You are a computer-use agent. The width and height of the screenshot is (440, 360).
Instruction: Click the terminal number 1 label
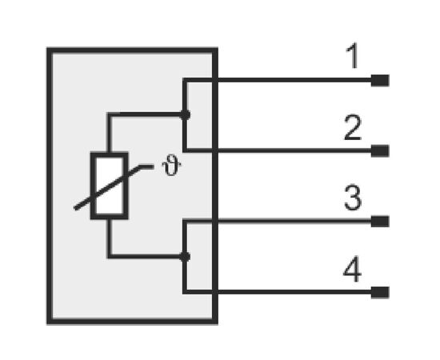(353, 56)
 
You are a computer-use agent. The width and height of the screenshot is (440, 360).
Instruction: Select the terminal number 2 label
(353, 128)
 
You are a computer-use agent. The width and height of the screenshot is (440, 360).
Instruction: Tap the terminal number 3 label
(353, 198)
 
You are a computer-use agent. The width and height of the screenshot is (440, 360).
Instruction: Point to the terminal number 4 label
(353, 269)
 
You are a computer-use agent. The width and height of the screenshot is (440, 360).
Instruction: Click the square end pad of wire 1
(380, 81)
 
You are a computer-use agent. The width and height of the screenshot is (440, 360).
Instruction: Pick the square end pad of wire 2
(380, 151)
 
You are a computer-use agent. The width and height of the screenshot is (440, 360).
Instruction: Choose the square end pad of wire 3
(380, 222)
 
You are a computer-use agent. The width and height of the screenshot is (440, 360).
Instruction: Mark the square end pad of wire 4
(380, 292)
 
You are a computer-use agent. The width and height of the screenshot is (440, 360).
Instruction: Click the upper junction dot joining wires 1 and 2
(185, 114)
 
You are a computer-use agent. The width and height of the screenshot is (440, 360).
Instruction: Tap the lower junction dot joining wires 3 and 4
(185, 257)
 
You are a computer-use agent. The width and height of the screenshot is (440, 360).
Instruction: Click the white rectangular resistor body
(110, 186)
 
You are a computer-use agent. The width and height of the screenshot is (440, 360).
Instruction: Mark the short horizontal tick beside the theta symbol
(147, 167)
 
